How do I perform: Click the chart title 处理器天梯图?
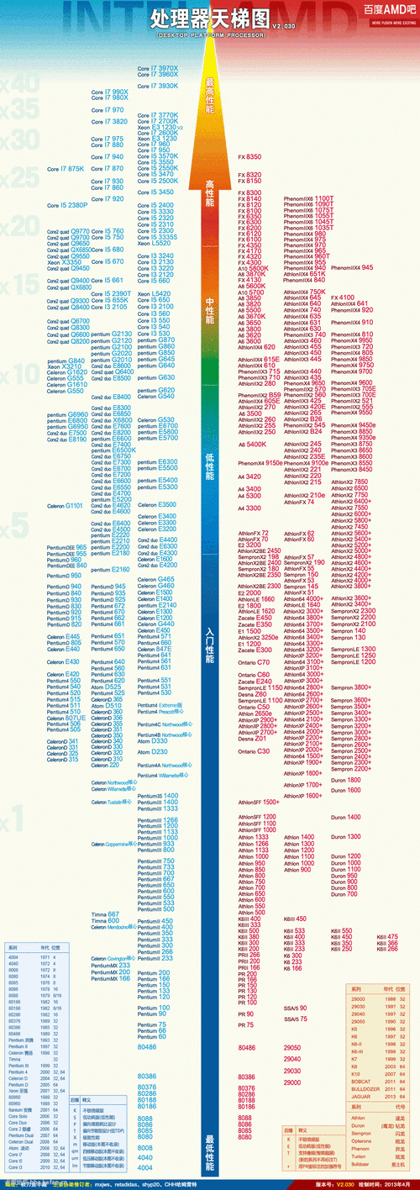coord(210,18)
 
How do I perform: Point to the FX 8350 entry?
coord(250,157)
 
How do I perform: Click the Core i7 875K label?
coord(66,169)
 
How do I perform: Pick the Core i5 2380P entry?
coord(68,205)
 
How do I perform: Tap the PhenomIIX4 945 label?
coord(352,267)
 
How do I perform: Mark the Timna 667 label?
coord(106,890)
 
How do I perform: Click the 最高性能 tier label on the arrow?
coord(210,97)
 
